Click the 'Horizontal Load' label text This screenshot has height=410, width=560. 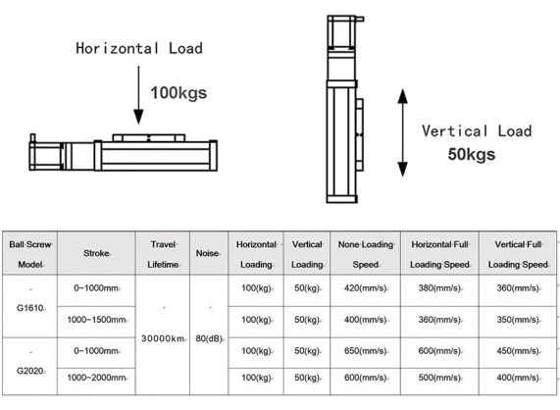tap(142, 48)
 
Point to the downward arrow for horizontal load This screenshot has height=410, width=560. tap(133, 96)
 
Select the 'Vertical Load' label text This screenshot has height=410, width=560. tap(476, 131)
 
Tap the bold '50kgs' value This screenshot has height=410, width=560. tap(471, 154)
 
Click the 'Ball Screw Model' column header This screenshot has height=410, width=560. tap(30, 253)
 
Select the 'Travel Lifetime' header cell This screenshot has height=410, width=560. tap(163, 253)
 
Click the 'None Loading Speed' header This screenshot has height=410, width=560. tap(364, 253)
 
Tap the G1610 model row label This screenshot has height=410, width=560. tap(28, 305)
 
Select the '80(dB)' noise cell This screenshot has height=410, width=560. tap(206, 338)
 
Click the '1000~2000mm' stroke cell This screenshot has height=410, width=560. tap(96, 378)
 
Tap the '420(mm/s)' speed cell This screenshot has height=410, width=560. tap(364, 289)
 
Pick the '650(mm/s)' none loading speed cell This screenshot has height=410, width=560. tap(364, 350)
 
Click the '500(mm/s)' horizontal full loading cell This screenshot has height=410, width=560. tap(437, 378)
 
